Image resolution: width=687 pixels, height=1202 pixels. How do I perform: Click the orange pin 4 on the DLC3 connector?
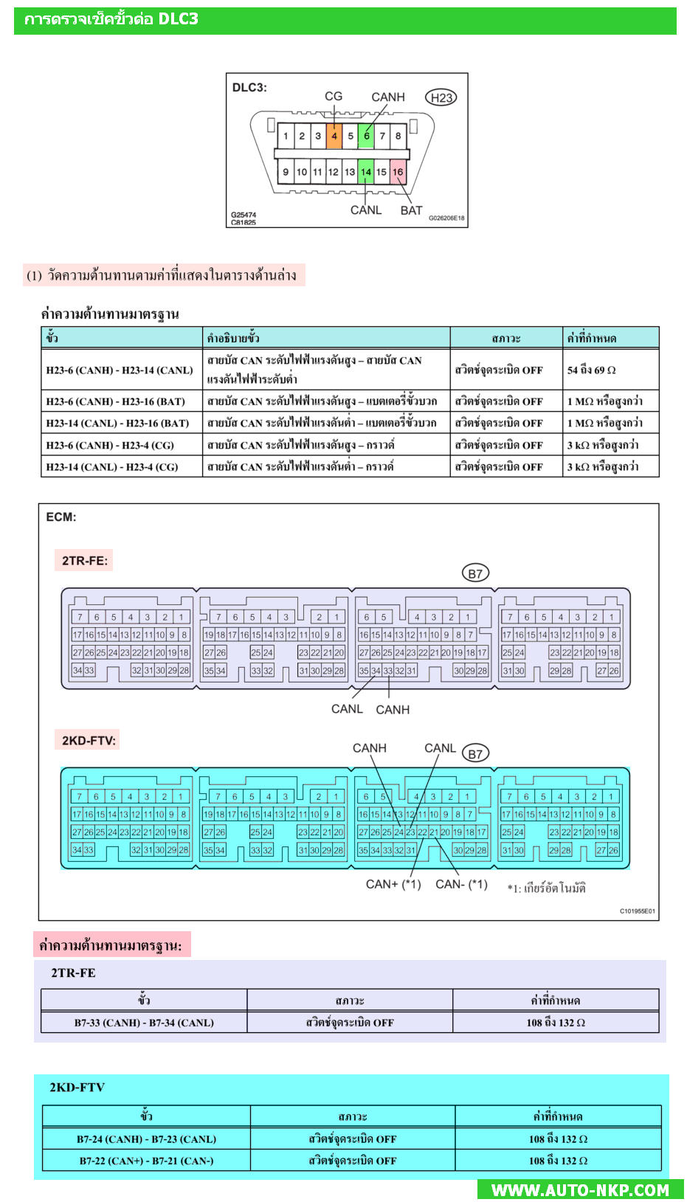(x=334, y=136)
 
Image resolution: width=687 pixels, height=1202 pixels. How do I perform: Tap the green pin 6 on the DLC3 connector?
(x=366, y=136)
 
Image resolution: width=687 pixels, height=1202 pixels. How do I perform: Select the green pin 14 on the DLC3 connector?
(x=365, y=172)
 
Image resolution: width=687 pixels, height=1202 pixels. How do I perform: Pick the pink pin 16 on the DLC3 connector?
(x=398, y=172)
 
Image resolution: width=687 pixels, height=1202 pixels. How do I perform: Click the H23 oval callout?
(x=441, y=97)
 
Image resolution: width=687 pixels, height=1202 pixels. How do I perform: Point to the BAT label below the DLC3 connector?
(x=411, y=210)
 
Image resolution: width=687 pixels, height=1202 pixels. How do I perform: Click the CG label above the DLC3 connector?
(x=334, y=96)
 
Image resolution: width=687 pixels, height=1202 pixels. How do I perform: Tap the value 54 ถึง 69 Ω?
(x=591, y=370)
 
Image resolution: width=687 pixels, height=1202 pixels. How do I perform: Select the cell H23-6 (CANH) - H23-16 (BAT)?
(x=115, y=401)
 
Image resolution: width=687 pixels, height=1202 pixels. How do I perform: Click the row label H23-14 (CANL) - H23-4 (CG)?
(x=112, y=466)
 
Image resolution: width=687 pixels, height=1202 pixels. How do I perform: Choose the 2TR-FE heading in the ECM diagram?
(x=85, y=561)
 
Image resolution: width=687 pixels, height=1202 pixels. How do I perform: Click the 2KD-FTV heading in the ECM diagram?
(x=89, y=740)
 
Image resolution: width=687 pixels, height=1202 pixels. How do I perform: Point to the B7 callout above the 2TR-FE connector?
(x=475, y=573)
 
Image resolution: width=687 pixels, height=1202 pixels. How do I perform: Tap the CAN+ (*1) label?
(x=393, y=884)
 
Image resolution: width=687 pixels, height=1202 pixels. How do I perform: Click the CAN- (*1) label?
(x=461, y=884)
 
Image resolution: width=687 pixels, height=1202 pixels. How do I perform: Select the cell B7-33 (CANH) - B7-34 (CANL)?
(x=144, y=1023)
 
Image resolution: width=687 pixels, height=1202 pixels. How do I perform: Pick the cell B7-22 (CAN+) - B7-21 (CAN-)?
(x=146, y=1161)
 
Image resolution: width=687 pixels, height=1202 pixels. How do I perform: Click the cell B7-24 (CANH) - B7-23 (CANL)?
(x=146, y=1139)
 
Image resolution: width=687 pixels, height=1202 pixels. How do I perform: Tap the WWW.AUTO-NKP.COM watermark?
(x=580, y=1189)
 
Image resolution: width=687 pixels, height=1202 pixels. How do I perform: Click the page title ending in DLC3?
(x=111, y=19)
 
